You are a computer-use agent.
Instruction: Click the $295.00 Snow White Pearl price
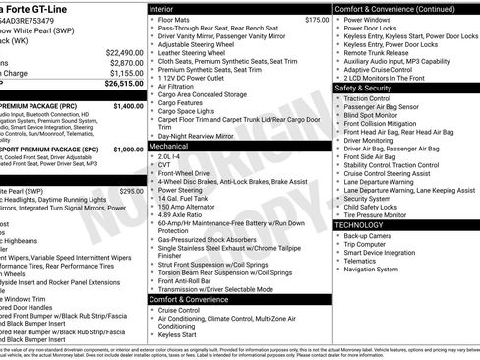[x=131, y=191]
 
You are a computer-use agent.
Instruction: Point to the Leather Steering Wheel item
[x=195, y=53]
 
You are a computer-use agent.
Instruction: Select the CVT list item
[x=165, y=164]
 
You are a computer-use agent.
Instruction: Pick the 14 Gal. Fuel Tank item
[x=186, y=200]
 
